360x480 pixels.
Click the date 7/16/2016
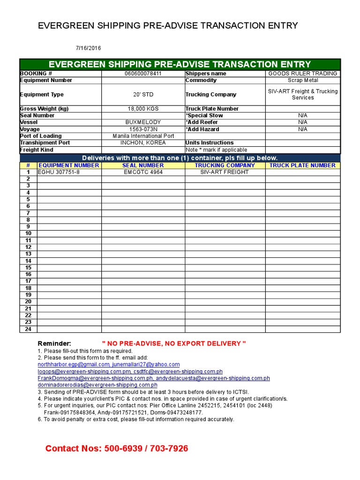(88, 48)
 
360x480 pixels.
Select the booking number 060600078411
(143, 74)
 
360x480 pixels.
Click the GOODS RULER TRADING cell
(302, 74)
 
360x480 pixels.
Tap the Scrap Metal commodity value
(303, 80)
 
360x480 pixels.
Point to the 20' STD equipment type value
(143, 95)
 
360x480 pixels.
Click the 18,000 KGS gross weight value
(143, 109)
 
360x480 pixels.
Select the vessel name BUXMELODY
(143, 122)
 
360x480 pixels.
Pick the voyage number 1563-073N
(143, 129)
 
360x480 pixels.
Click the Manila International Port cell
(143, 136)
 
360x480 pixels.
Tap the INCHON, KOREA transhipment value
(143, 142)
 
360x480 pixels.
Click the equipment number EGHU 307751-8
(59, 172)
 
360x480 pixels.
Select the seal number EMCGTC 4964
(143, 172)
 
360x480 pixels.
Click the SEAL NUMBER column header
(143, 165)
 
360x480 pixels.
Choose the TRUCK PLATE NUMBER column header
(302, 165)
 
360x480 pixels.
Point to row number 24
(28, 329)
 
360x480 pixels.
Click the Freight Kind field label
(37, 150)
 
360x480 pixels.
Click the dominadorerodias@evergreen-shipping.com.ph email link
(97, 385)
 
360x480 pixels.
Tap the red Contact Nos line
(117, 449)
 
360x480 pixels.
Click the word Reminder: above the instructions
(54, 344)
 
